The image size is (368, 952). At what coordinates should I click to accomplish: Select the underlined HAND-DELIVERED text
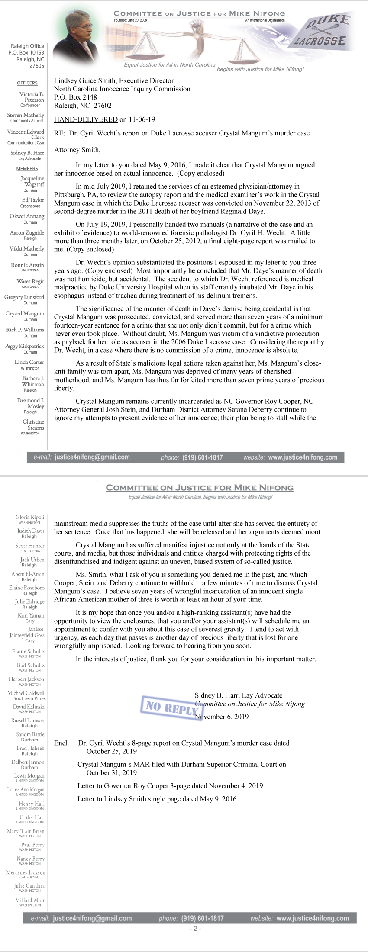coord(86,119)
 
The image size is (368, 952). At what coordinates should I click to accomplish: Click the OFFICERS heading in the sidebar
coord(27,83)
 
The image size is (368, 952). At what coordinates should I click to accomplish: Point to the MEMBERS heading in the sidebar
coord(27,169)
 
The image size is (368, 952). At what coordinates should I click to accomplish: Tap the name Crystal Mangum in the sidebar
coord(25,314)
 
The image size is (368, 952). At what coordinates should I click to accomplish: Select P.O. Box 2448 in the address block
coord(75,97)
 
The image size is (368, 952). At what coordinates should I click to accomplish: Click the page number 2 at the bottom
coord(195,929)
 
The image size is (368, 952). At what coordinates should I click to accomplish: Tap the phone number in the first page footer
coord(203,457)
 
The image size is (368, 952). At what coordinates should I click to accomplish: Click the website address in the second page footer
coord(312,918)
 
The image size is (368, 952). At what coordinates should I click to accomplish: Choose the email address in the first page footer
coord(92,457)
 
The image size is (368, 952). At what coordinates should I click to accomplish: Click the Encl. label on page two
coord(61,743)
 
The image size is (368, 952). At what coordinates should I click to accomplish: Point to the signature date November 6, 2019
coord(222,717)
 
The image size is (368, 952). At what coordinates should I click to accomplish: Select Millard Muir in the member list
coord(30,900)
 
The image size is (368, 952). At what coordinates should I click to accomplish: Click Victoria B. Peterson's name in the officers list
coord(32,97)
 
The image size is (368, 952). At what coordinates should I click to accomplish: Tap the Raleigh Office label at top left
coord(28,46)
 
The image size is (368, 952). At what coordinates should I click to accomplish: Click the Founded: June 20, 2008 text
coord(130,20)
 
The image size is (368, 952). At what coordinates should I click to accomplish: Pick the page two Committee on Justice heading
coord(200,488)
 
